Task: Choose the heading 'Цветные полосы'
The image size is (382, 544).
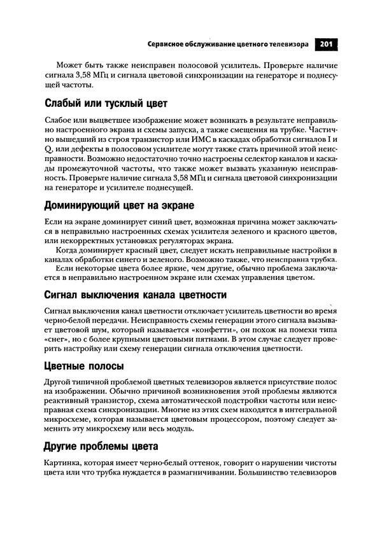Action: (84, 366)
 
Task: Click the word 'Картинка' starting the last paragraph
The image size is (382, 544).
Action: (62, 463)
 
